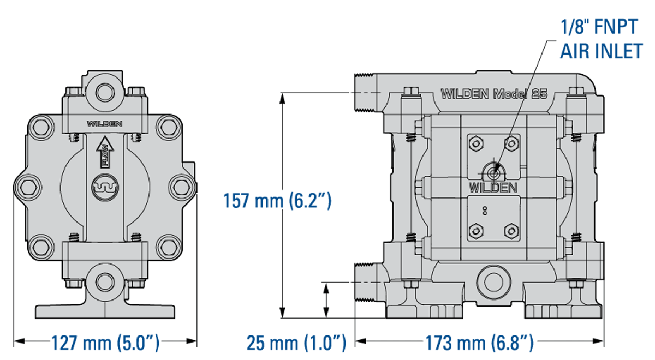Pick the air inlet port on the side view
[493, 172]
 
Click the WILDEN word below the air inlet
[493, 188]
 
